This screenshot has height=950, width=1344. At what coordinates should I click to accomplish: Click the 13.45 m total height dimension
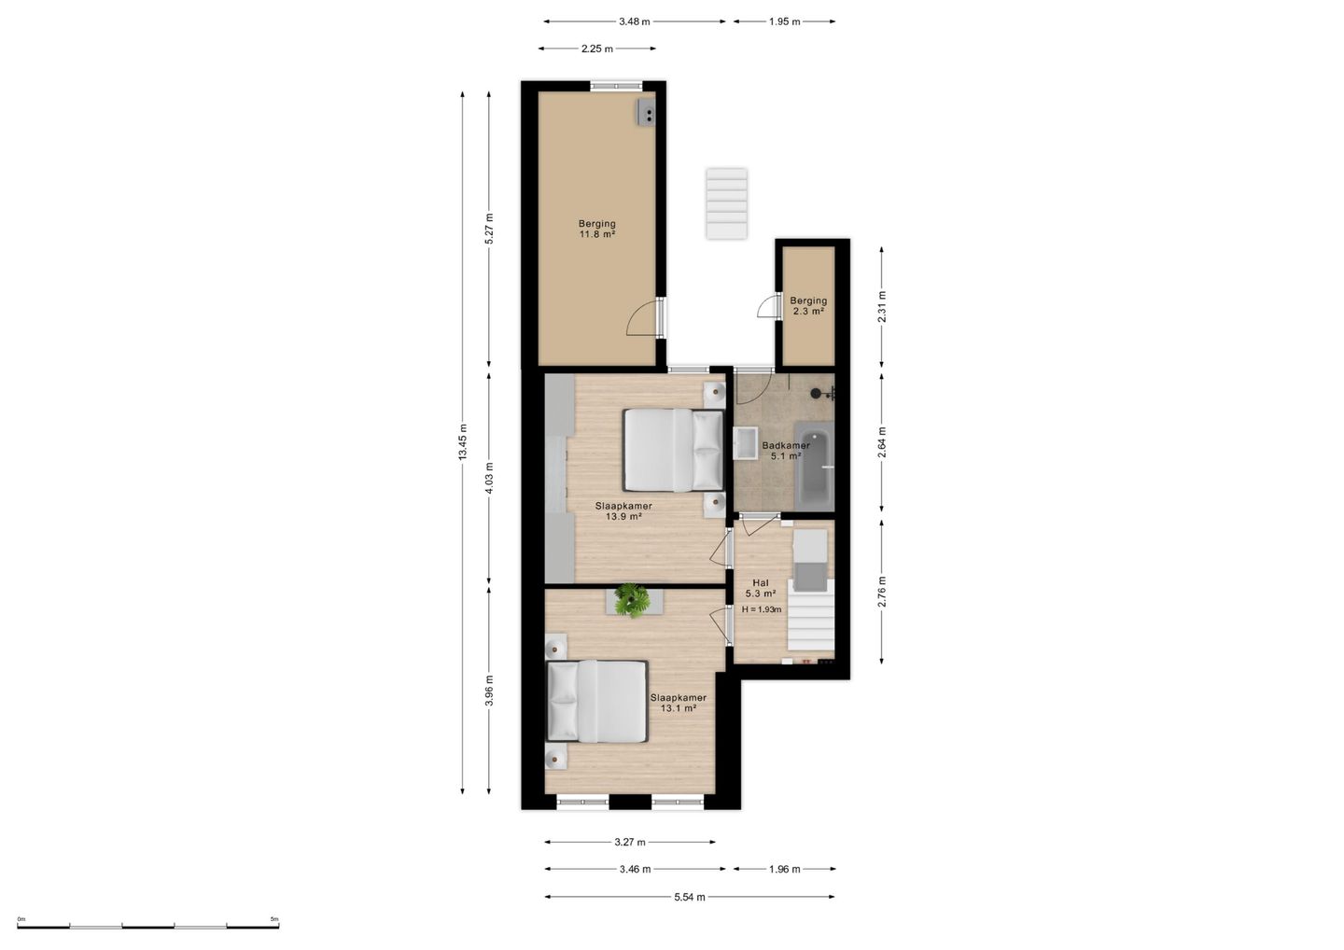(462, 442)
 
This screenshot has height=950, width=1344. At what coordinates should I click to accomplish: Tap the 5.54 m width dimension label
(690, 897)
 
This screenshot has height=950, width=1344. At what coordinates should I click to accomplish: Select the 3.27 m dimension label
(630, 842)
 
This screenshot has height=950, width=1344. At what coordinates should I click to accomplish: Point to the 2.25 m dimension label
(597, 49)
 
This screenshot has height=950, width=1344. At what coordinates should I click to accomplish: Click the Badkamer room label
(786, 446)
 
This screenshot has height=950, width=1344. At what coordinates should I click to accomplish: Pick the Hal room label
(761, 583)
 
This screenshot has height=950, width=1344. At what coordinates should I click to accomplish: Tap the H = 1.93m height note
(762, 609)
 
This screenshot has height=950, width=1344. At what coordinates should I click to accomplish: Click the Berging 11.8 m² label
(597, 230)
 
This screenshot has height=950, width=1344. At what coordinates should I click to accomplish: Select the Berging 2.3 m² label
(808, 306)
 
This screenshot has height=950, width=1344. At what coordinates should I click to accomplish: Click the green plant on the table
(633, 600)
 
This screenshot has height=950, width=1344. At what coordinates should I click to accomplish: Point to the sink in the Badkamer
(745, 443)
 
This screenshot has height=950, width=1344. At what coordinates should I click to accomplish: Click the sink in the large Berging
(646, 112)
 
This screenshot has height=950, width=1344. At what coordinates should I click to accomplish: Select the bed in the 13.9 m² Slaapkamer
(673, 450)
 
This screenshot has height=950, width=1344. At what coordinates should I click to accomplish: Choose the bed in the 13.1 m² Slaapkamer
(597, 701)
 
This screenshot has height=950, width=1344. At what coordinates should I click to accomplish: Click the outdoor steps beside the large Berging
(726, 203)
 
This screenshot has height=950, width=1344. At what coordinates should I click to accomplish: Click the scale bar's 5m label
(274, 919)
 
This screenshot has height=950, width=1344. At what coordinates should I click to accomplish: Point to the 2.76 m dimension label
(881, 592)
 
